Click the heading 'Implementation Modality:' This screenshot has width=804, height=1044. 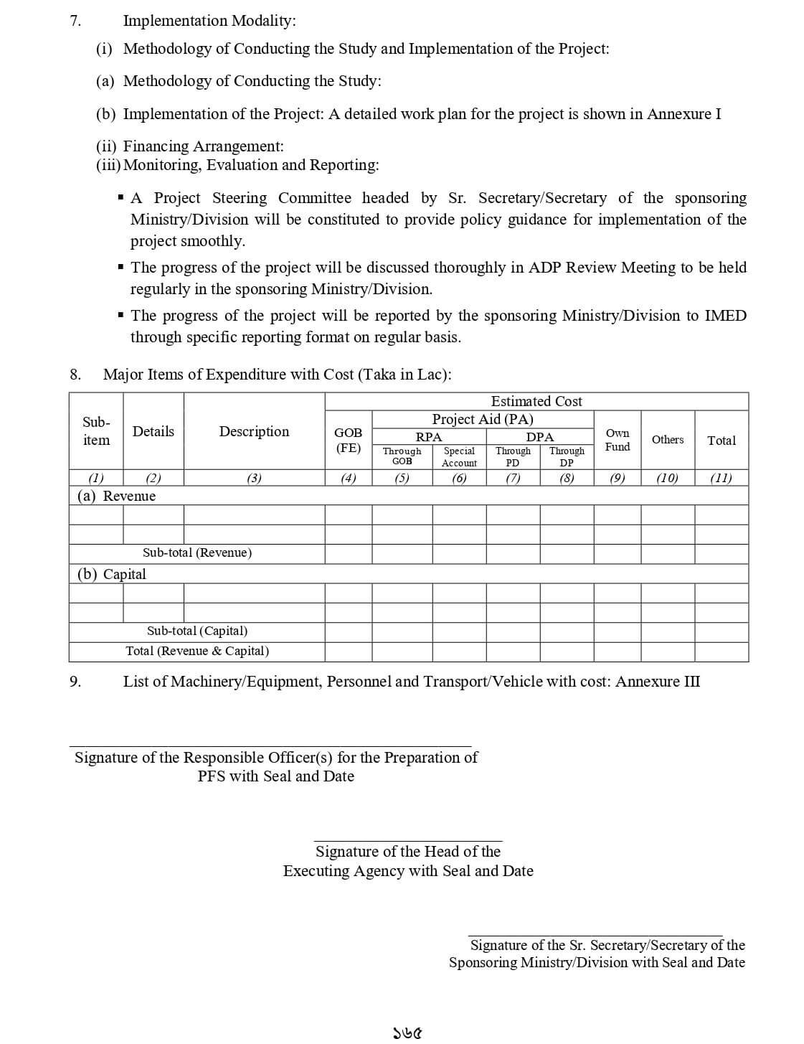(209, 21)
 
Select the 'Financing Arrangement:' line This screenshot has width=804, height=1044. (203, 146)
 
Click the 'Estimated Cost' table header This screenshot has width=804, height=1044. (536, 401)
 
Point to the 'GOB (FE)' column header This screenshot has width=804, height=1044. (349, 440)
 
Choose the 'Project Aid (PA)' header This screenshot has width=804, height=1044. (482, 419)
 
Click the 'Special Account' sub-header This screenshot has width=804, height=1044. (459, 456)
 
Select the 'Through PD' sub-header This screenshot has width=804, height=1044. (513, 456)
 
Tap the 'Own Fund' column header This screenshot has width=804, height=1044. (617, 440)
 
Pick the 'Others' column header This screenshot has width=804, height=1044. (667, 439)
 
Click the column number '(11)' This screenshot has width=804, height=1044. (721, 478)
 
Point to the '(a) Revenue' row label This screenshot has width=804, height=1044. (116, 496)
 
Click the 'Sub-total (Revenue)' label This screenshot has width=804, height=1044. (197, 552)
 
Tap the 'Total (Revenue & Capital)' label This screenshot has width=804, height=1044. (197, 651)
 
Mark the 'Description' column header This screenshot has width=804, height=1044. (254, 431)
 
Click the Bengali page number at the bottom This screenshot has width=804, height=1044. (406, 1033)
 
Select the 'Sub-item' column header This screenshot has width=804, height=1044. (96, 431)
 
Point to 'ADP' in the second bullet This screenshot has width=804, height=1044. (544, 268)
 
